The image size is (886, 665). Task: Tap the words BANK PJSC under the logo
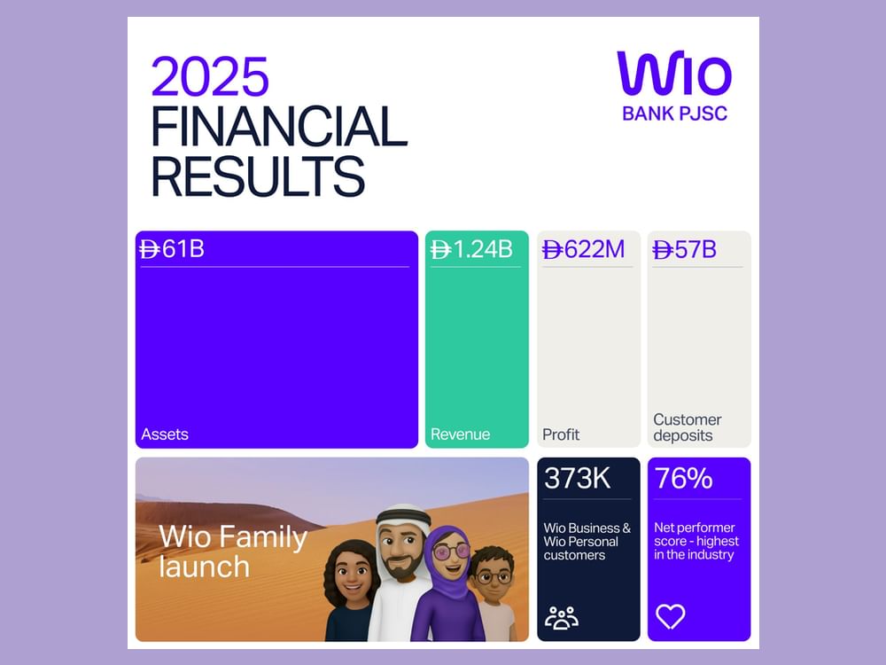674,113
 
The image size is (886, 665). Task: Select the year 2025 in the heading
210,77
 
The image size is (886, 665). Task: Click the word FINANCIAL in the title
279,127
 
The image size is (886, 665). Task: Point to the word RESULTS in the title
258,176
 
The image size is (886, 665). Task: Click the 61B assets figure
173,249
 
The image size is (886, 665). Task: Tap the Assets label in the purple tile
165,434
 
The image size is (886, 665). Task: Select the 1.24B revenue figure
471,249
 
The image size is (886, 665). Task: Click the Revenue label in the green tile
460,434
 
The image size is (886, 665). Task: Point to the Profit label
561,434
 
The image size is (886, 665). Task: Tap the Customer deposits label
687,427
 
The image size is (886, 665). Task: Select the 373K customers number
577,478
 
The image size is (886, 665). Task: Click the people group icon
561,617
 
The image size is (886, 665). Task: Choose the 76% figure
683,478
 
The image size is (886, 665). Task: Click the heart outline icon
670,616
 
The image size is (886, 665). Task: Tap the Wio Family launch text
233,551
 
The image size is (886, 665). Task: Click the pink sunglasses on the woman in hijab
450,552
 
